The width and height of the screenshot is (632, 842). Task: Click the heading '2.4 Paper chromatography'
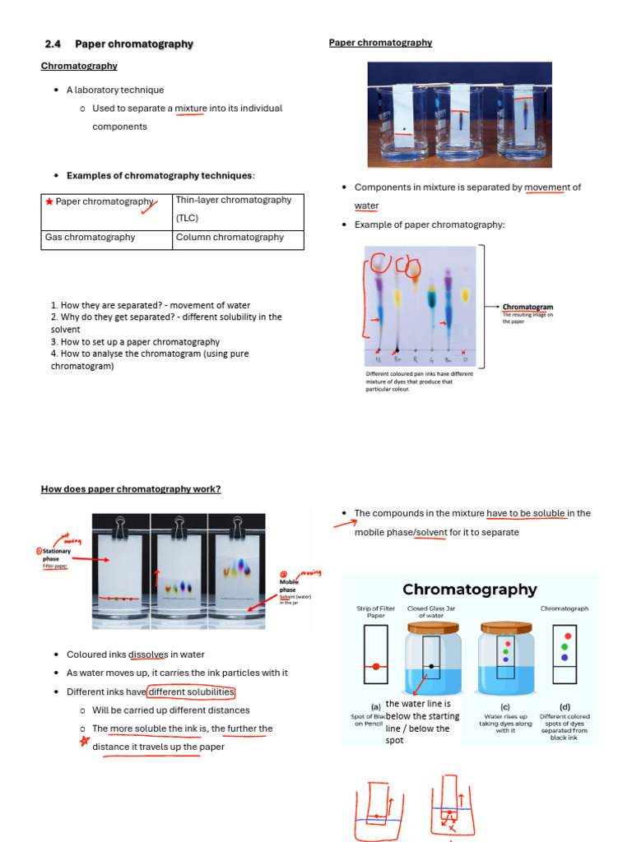click(119, 44)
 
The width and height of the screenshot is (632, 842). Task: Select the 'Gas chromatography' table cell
click(90, 238)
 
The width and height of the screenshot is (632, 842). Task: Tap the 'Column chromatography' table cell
click(230, 238)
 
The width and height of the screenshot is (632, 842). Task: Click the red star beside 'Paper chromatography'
click(49, 201)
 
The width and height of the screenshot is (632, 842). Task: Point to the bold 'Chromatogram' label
click(527, 307)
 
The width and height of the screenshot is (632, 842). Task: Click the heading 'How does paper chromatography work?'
click(131, 489)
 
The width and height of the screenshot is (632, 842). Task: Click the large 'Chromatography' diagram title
click(469, 590)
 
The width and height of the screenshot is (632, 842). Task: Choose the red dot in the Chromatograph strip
click(565, 636)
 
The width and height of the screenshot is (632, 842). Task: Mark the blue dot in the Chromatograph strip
click(565, 657)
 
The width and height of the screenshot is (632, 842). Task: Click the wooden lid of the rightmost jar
click(504, 626)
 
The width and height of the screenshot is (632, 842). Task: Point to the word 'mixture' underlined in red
click(191, 109)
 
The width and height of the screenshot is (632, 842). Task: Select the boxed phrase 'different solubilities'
click(192, 692)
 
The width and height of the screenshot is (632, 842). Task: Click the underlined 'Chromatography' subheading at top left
click(79, 66)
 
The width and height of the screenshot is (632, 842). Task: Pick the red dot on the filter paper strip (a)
click(375, 666)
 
